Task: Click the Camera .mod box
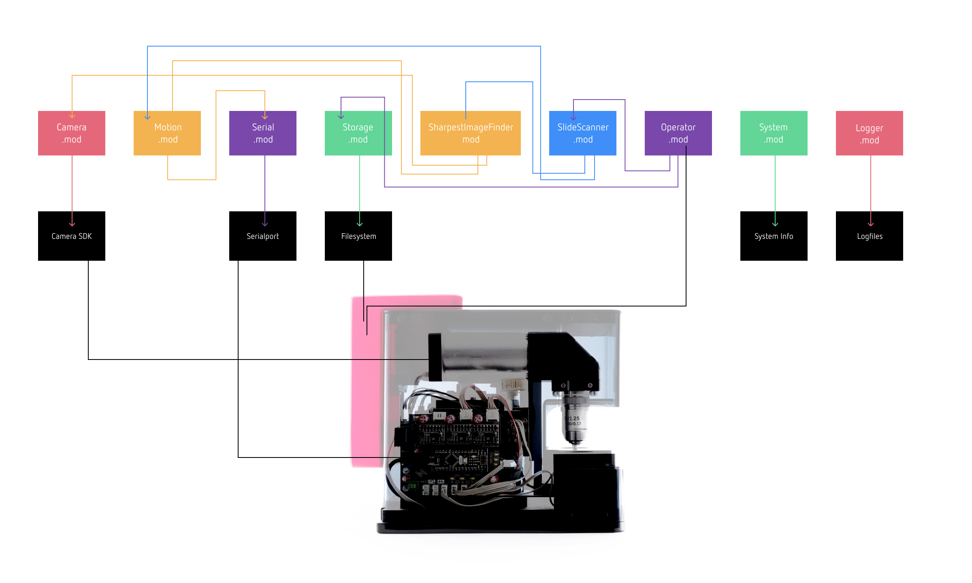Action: (x=71, y=133)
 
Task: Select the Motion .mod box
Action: (x=167, y=133)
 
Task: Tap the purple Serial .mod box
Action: (x=262, y=133)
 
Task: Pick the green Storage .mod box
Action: (x=358, y=133)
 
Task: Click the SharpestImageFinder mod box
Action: (x=470, y=133)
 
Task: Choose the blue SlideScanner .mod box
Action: (x=582, y=133)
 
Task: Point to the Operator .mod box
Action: (x=678, y=133)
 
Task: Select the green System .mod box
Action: (x=774, y=133)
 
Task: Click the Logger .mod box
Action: (x=869, y=133)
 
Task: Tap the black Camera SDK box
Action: (x=71, y=236)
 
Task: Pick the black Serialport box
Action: (x=262, y=236)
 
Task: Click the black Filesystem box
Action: (x=358, y=236)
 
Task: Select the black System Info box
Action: (x=774, y=236)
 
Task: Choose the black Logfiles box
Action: (x=869, y=236)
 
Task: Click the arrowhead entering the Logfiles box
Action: (x=871, y=224)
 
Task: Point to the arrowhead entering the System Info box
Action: (x=775, y=224)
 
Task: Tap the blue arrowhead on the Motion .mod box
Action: (x=147, y=117)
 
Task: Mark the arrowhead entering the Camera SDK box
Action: (x=72, y=224)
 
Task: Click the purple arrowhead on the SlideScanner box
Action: (x=573, y=117)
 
